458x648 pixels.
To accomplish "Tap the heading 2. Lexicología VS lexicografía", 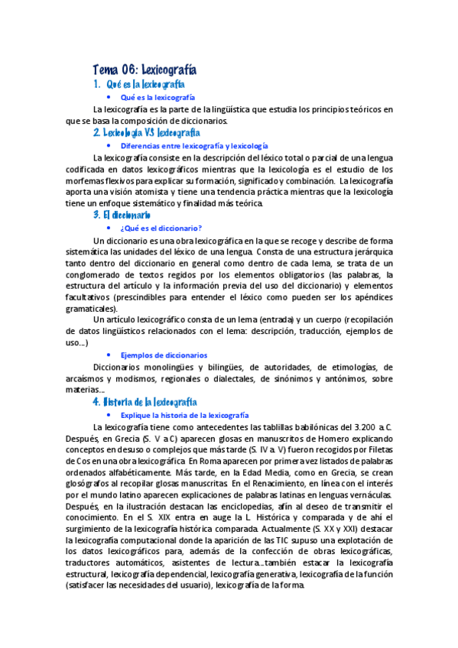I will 146,132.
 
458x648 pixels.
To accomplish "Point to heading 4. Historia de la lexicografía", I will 145,401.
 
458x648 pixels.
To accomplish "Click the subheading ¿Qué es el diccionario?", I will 161,228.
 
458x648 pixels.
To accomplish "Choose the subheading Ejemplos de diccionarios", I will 164,355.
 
